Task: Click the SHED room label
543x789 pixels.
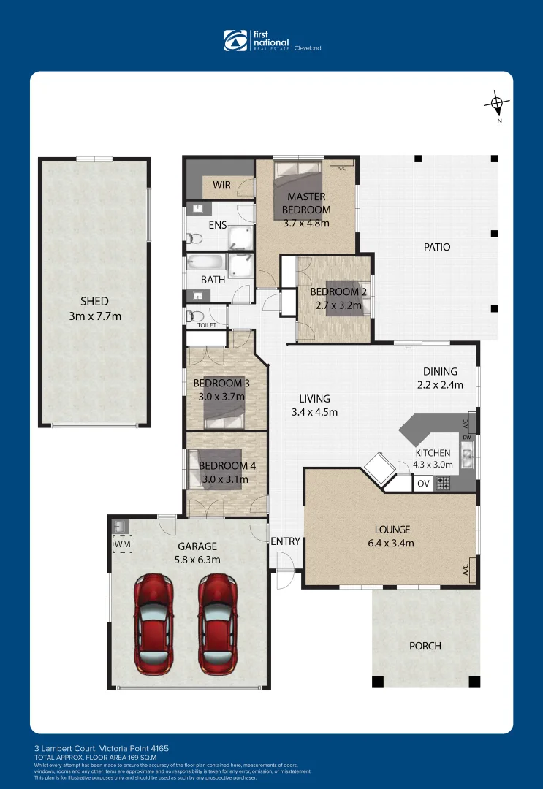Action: (x=94, y=301)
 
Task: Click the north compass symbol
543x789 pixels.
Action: (x=497, y=104)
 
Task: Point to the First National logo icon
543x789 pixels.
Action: (x=236, y=41)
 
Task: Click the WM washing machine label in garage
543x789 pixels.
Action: (x=121, y=544)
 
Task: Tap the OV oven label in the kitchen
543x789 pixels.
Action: (x=423, y=484)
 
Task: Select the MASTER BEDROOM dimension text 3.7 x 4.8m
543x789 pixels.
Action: (x=306, y=223)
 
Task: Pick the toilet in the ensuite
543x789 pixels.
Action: (x=194, y=237)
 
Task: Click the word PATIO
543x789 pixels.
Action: (x=437, y=247)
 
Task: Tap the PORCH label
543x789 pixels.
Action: (x=425, y=646)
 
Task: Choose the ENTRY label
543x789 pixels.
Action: (x=285, y=541)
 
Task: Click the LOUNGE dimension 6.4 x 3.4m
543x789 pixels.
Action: (x=392, y=543)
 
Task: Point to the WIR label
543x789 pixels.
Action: (x=221, y=186)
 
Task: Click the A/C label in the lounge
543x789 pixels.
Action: (x=465, y=568)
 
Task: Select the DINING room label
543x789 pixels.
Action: (x=440, y=371)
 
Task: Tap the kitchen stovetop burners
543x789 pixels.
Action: (x=442, y=483)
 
